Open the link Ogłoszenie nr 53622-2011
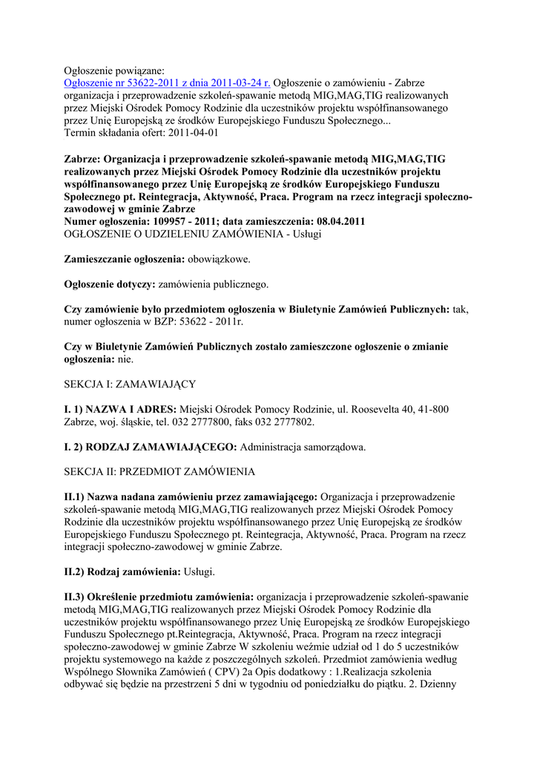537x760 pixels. [x=167, y=82]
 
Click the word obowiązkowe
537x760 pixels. [x=220, y=259]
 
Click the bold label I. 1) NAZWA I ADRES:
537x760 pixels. [x=120, y=409]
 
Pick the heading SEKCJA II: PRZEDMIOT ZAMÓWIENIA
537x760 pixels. [x=159, y=472]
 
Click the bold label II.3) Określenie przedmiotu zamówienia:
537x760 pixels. [x=159, y=597]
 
